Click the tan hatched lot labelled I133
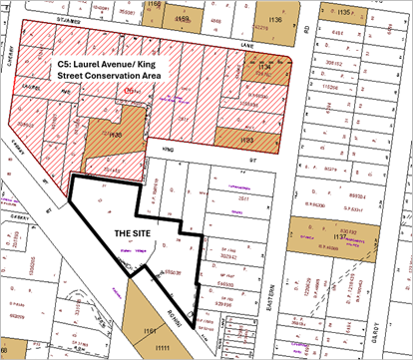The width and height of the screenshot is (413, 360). [246, 142]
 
